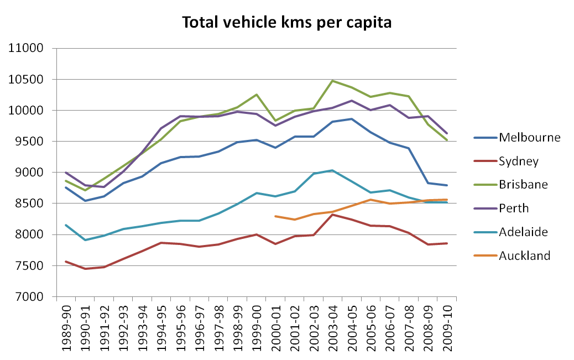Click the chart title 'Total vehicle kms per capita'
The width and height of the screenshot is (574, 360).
point(286,23)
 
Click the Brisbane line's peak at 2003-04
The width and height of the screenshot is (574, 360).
point(332,81)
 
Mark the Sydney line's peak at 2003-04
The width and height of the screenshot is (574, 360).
point(332,214)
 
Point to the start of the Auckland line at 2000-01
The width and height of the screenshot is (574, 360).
point(275,216)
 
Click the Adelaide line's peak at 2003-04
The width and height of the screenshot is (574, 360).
point(332,170)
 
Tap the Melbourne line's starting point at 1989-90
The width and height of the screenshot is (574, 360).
point(66,187)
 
